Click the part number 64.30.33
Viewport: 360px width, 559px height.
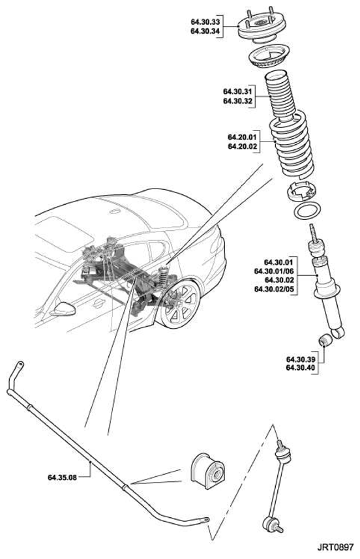[205, 22]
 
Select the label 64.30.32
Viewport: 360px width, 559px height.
[237, 101]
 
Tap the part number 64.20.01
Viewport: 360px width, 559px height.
[243, 137]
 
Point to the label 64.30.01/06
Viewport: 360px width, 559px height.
[274, 271]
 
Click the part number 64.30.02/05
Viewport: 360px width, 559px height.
[274, 289]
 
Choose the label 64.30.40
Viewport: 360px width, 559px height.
[301, 367]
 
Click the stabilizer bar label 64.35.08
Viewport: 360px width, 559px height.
[63, 477]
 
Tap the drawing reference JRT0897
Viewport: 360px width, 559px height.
[335, 547]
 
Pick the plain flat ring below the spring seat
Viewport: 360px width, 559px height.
[307, 212]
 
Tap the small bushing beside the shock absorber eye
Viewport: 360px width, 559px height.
[325, 340]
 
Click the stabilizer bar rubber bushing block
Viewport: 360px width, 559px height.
[208, 472]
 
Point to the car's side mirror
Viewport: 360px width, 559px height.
[63, 309]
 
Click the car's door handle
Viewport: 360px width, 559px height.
[98, 303]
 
